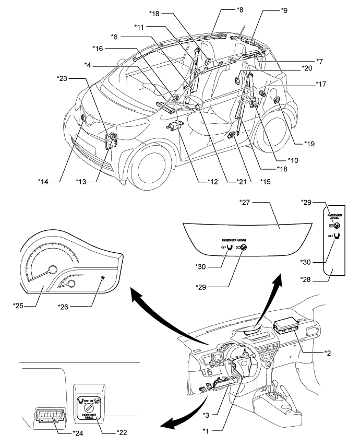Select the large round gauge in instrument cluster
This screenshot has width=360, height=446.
[51, 270]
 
